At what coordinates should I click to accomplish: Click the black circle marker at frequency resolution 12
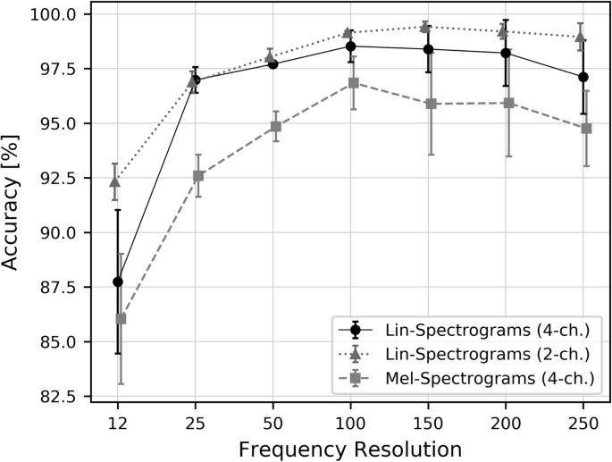point(118,281)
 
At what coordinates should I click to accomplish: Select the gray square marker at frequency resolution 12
point(122,318)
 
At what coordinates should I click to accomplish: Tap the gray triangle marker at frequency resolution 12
point(114,181)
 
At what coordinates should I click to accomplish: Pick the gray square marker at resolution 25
point(198,176)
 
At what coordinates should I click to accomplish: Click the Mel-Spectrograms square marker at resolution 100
point(353,83)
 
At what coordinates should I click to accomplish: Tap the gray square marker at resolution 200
point(508,103)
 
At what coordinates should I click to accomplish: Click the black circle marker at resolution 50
point(272,64)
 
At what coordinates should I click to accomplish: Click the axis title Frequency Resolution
point(350,448)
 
